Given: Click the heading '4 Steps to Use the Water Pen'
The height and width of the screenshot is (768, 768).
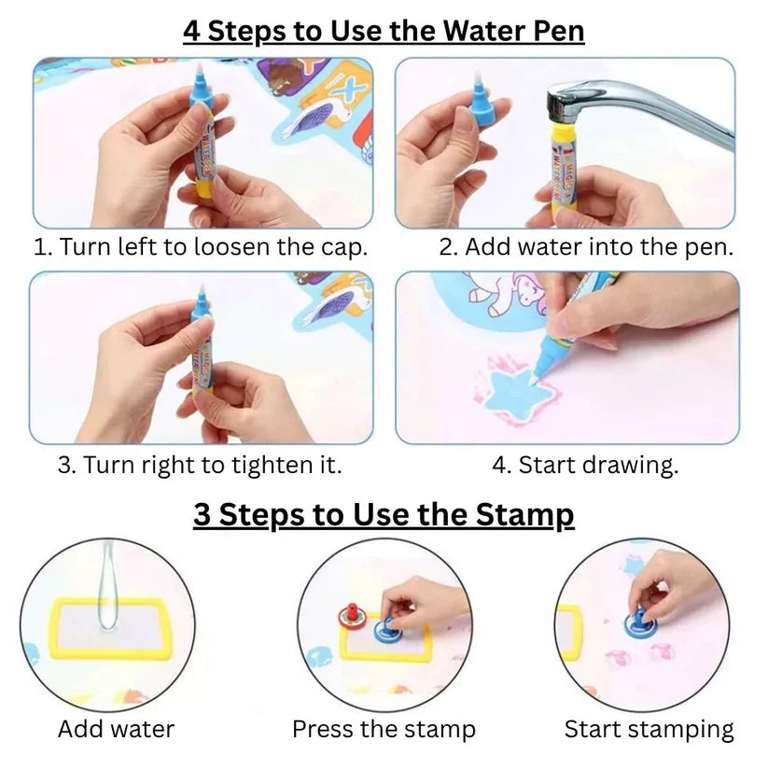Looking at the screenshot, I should (384, 30).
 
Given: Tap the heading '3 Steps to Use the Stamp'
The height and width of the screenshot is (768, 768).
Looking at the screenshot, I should (384, 514).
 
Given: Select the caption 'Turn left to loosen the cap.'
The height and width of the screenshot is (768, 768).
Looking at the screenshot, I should (201, 247).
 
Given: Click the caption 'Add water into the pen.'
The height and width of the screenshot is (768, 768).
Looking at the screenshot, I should (587, 247).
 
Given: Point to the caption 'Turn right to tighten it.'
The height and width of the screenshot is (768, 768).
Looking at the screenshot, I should (200, 465).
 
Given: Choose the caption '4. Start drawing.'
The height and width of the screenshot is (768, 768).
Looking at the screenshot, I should (585, 465).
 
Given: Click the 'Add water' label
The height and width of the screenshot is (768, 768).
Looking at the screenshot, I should (116, 729).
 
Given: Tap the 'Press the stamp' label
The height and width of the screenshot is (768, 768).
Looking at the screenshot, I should (384, 729).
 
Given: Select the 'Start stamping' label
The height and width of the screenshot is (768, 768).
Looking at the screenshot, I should (649, 729).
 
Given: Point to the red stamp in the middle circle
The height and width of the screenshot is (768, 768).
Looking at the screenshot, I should (353, 613).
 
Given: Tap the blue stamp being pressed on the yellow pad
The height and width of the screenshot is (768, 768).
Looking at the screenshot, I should (386, 627).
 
